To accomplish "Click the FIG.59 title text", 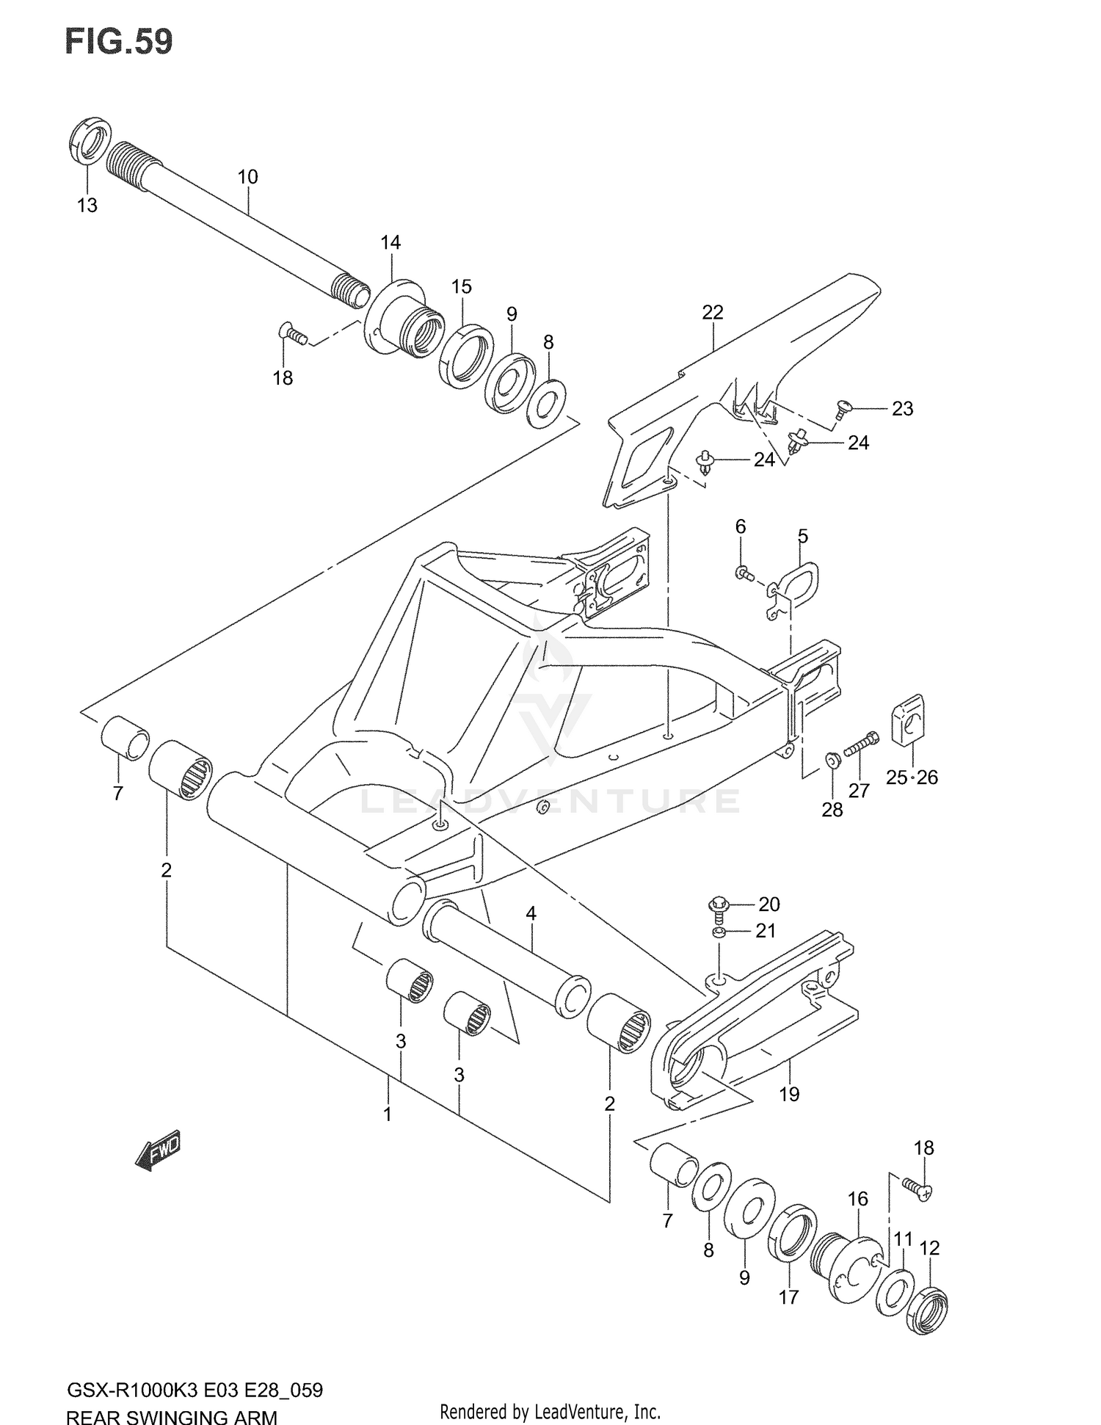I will pyautogui.click(x=120, y=42).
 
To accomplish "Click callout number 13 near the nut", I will pyautogui.click(x=87, y=206).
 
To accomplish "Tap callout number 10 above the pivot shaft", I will pyautogui.click(x=247, y=177).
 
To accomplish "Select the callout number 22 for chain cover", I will pyautogui.click(x=712, y=312).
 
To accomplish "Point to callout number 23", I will pyautogui.click(x=902, y=409).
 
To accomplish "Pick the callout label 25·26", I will pyautogui.click(x=912, y=777).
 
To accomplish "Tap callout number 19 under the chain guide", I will pyautogui.click(x=789, y=1094).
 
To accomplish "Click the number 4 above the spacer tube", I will pyautogui.click(x=531, y=914).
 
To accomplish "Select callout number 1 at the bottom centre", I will pyautogui.click(x=387, y=1114).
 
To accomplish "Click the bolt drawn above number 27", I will pyautogui.click(x=862, y=744).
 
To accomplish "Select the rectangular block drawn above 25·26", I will pyautogui.click(x=908, y=719).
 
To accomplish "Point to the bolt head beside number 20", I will pyautogui.click(x=718, y=904).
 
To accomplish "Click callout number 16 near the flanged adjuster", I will pyautogui.click(x=857, y=1199).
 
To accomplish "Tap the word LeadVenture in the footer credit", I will pyautogui.click(x=572, y=1411).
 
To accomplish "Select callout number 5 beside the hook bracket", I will pyautogui.click(x=802, y=536).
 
